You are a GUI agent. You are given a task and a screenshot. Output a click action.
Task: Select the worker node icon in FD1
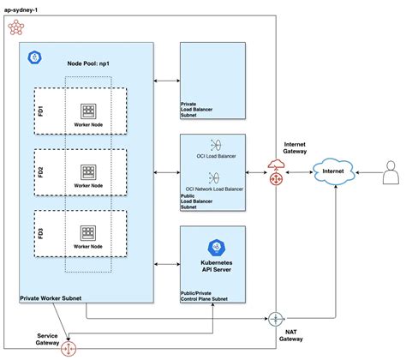[x=88, y=111]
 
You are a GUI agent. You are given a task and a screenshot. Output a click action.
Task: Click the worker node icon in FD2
[x=88, y=171]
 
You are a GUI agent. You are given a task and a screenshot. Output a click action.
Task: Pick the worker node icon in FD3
[x=88, y=232]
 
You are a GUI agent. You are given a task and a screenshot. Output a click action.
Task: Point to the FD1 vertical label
[x=39, y=111]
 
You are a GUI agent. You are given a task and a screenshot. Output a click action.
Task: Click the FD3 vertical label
[x=39, y=231]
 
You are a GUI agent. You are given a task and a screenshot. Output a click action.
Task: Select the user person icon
[x=391, y=175]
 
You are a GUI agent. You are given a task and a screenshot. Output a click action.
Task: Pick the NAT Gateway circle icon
[x=276, y=319]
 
